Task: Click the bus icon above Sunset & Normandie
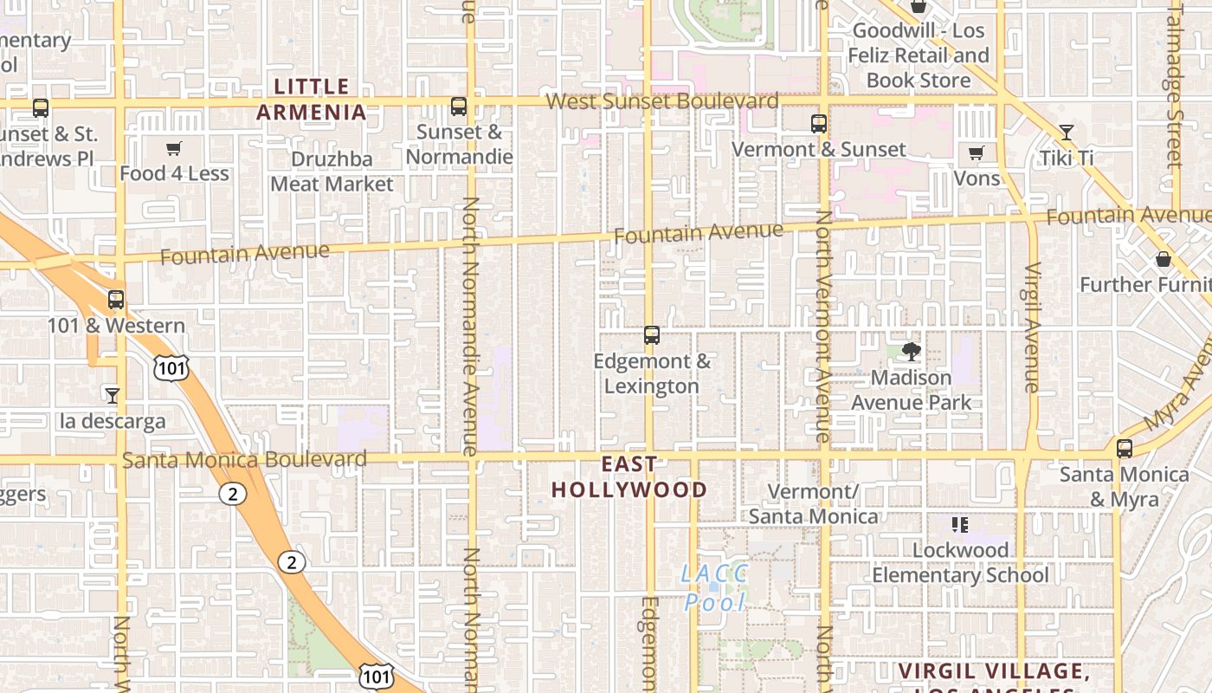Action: (459, 107)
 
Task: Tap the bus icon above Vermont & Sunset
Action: (819, 124)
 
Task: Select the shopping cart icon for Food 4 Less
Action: (174, 148)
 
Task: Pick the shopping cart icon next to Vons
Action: (977, 153)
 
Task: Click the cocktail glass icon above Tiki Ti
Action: (1067, 133)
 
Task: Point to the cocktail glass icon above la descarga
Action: (113, 396)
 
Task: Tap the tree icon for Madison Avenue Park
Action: (911, 351)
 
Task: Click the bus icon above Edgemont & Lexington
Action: (652, 335)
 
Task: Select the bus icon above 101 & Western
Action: (116, 300)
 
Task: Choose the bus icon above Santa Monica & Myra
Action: (1125, 449)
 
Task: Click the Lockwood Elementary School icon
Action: (959, 524)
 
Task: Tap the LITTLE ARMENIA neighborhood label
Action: (312, 99)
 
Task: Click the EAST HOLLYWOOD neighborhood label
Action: (629, 477)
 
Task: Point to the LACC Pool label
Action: (714, 587)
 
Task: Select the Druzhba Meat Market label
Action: (332, 172)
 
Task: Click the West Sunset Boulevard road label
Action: (662, 101)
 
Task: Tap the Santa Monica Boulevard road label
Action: (244, 459)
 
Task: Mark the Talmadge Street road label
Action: (1175, 87)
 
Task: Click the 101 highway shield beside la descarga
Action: (171, 368)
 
